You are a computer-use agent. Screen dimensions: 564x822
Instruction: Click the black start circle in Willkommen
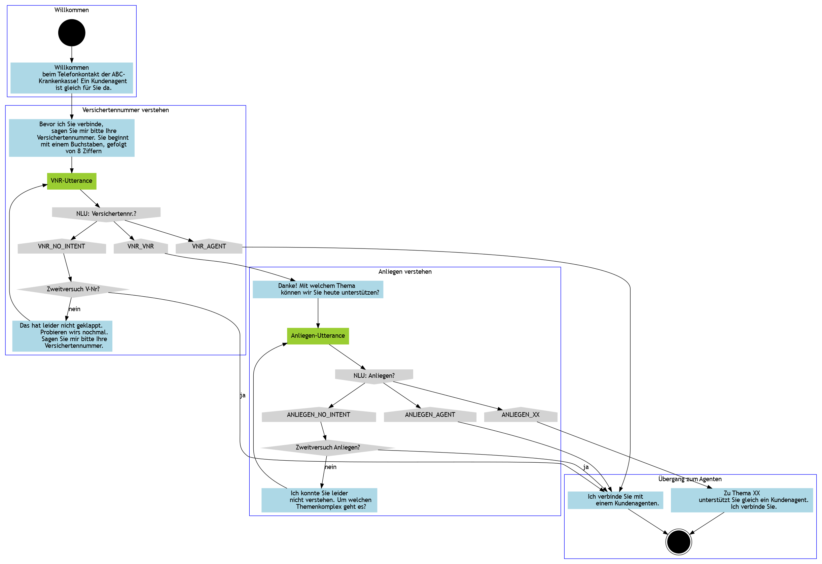pos(72,33)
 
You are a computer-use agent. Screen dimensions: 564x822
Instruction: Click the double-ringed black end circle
pos(678,542)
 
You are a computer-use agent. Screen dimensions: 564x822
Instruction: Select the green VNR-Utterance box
pos(71,181)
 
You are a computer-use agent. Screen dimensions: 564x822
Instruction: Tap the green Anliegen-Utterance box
pos(318,336)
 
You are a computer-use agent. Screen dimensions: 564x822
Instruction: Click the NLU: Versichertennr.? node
pos(106,213)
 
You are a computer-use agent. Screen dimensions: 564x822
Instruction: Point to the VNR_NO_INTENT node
pos(62,246)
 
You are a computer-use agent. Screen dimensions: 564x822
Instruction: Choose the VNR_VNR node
pos(140,246)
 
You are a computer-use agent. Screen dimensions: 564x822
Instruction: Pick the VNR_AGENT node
pos(209,246)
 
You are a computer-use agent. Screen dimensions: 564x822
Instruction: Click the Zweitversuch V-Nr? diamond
pos(73,289)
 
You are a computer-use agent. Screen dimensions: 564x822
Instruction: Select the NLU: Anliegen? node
pos(374,376)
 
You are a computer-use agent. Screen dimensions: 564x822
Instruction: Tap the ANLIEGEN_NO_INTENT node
pos(318,414)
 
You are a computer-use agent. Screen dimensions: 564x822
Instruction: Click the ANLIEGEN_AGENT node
pos(430,414)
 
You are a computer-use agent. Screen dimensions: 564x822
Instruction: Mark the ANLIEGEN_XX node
pos(520,414)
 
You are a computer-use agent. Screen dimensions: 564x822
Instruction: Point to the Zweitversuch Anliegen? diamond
pos(327,447)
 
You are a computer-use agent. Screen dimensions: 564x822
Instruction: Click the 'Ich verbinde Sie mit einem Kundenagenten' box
pos(615,500)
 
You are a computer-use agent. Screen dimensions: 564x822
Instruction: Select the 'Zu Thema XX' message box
pos(741,500)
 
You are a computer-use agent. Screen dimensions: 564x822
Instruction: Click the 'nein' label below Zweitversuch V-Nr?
pos(74,309)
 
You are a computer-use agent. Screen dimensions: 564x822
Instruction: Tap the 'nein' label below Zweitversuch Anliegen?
pos(330,467)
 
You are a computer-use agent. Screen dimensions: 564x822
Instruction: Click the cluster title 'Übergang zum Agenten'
pos(690,479)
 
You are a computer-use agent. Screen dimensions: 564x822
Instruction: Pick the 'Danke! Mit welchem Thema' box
pos(318,289)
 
